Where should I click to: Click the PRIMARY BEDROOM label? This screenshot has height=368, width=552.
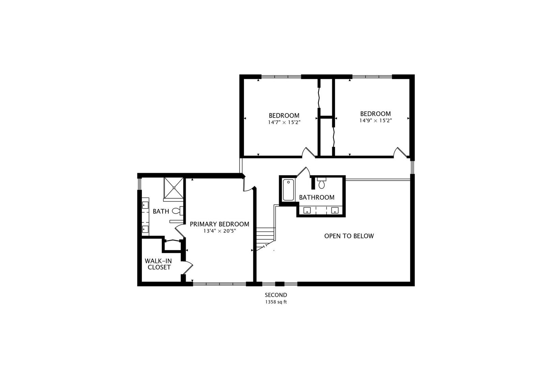219,224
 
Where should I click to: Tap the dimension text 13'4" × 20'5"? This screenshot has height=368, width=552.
219,231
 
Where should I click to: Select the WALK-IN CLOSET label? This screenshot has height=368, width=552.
158,264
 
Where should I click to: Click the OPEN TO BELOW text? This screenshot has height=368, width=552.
349,236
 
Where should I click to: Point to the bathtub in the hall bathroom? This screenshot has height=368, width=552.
288,190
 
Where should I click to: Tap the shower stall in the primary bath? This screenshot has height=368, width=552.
174,187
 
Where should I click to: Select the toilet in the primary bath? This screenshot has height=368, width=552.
177,211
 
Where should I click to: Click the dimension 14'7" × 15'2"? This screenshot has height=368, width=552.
284,122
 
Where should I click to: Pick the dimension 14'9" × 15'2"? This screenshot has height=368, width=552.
375,121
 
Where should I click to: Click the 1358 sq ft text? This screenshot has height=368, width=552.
276,302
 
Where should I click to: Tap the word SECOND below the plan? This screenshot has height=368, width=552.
276,295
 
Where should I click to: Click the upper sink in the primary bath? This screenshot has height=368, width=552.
145,205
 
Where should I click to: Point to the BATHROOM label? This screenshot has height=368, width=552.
317,197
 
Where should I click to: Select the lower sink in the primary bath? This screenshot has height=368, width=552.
145,229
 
